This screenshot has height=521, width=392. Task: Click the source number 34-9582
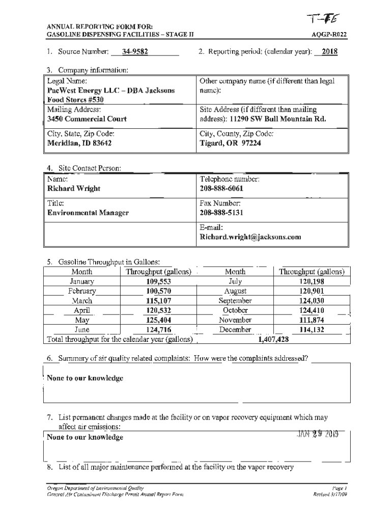[x=135, y=52]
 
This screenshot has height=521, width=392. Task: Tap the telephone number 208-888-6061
[x=221, y=188]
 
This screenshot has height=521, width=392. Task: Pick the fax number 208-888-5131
[x=221, y=213]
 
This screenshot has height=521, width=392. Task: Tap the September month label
[x=235, y=301]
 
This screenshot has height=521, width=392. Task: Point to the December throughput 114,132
[x=312, y=330]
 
